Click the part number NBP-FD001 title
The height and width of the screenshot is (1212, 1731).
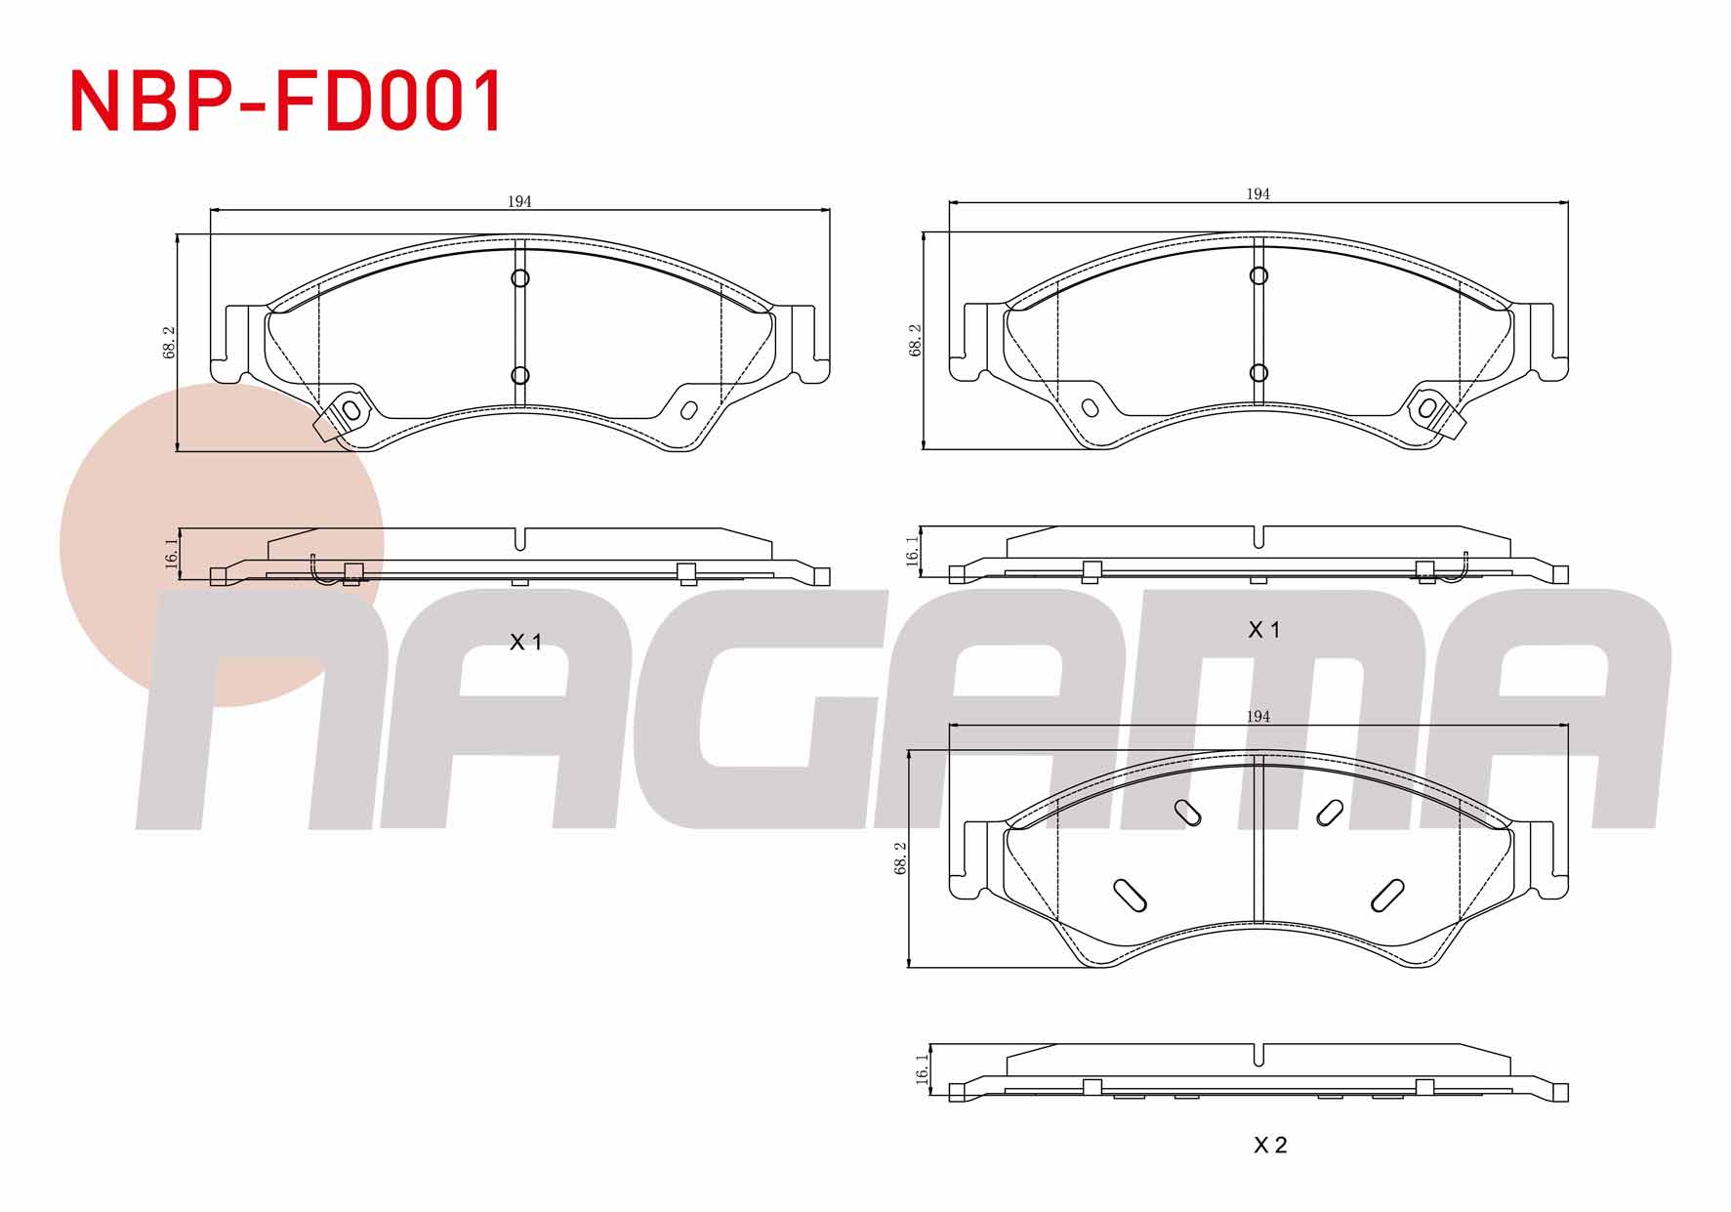[287, 101]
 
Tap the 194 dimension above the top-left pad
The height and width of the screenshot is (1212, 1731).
[519, 201]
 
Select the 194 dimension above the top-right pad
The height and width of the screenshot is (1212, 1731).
[1257, 193]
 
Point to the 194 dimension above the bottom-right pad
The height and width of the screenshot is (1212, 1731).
[1257, 716]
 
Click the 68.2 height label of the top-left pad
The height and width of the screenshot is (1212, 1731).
[169, 342]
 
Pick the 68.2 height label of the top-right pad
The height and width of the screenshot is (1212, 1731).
[915, 340]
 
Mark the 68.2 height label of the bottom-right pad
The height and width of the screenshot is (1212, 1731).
[900, 857]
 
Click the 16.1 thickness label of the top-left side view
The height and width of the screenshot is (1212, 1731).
[172, 554]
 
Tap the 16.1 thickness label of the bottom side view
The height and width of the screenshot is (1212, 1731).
[922, 1069]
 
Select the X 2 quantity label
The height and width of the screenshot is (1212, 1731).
[1270, 1145]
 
